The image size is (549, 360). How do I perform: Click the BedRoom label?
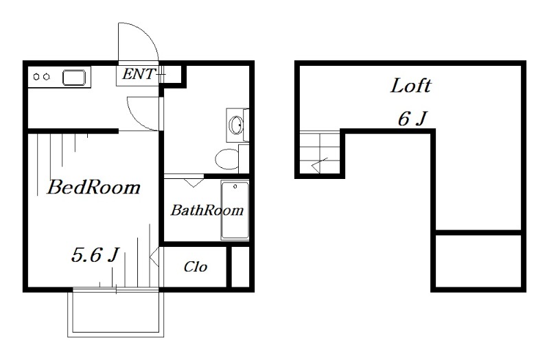[93, 187]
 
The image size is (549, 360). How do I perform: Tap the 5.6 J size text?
[95, 254]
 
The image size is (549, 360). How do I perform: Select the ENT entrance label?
[139, 74]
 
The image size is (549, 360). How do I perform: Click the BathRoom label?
[207, 210]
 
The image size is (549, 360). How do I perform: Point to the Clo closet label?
[196, 267]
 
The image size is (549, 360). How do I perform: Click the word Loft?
[410, 86]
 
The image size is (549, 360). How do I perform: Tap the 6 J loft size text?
[412, 119]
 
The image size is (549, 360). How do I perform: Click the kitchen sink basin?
[74, 77]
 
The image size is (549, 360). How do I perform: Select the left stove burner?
[36, 77]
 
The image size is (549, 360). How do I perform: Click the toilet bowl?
[226, 159]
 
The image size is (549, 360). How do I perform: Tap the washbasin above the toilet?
[235, 125]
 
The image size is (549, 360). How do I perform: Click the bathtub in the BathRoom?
[235, 210]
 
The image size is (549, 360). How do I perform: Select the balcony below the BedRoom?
[115, 313]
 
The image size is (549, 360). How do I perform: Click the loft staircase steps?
[320, 152]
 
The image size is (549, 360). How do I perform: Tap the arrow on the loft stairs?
[319, 165]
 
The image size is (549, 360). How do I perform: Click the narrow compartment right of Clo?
[241, 267]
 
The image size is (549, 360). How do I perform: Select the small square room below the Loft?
[478, 261]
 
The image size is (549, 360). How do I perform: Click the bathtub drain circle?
[235, 187]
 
